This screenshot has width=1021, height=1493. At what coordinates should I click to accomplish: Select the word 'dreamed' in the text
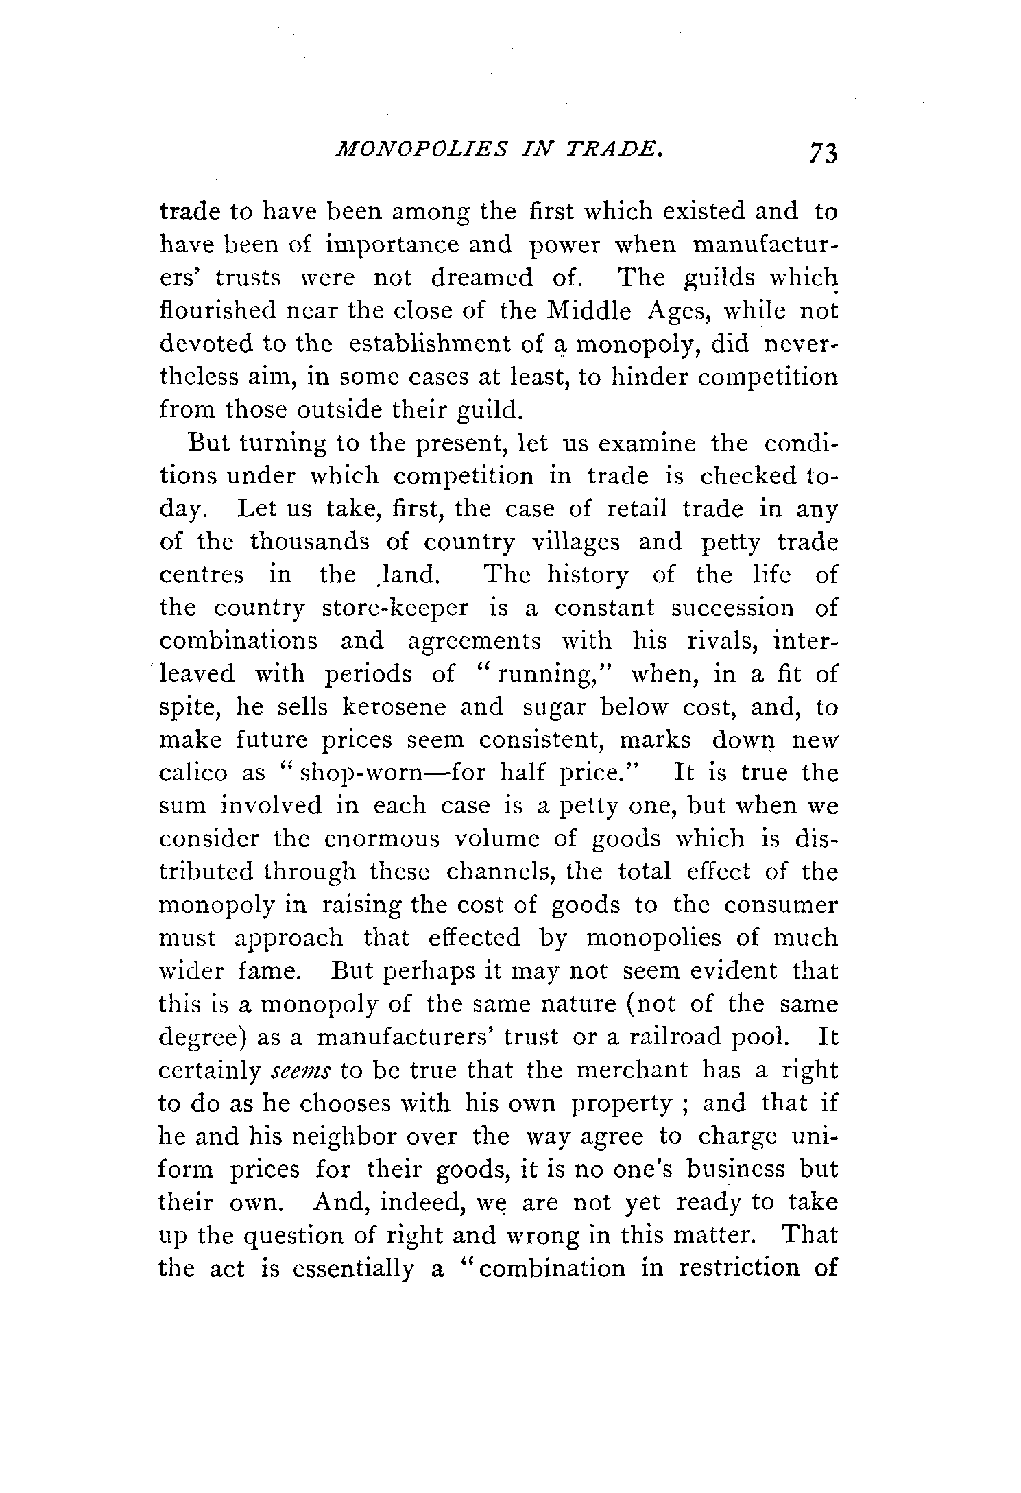[x=481, y=278]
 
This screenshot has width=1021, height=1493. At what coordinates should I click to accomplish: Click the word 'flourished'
[x=216, y=311]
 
